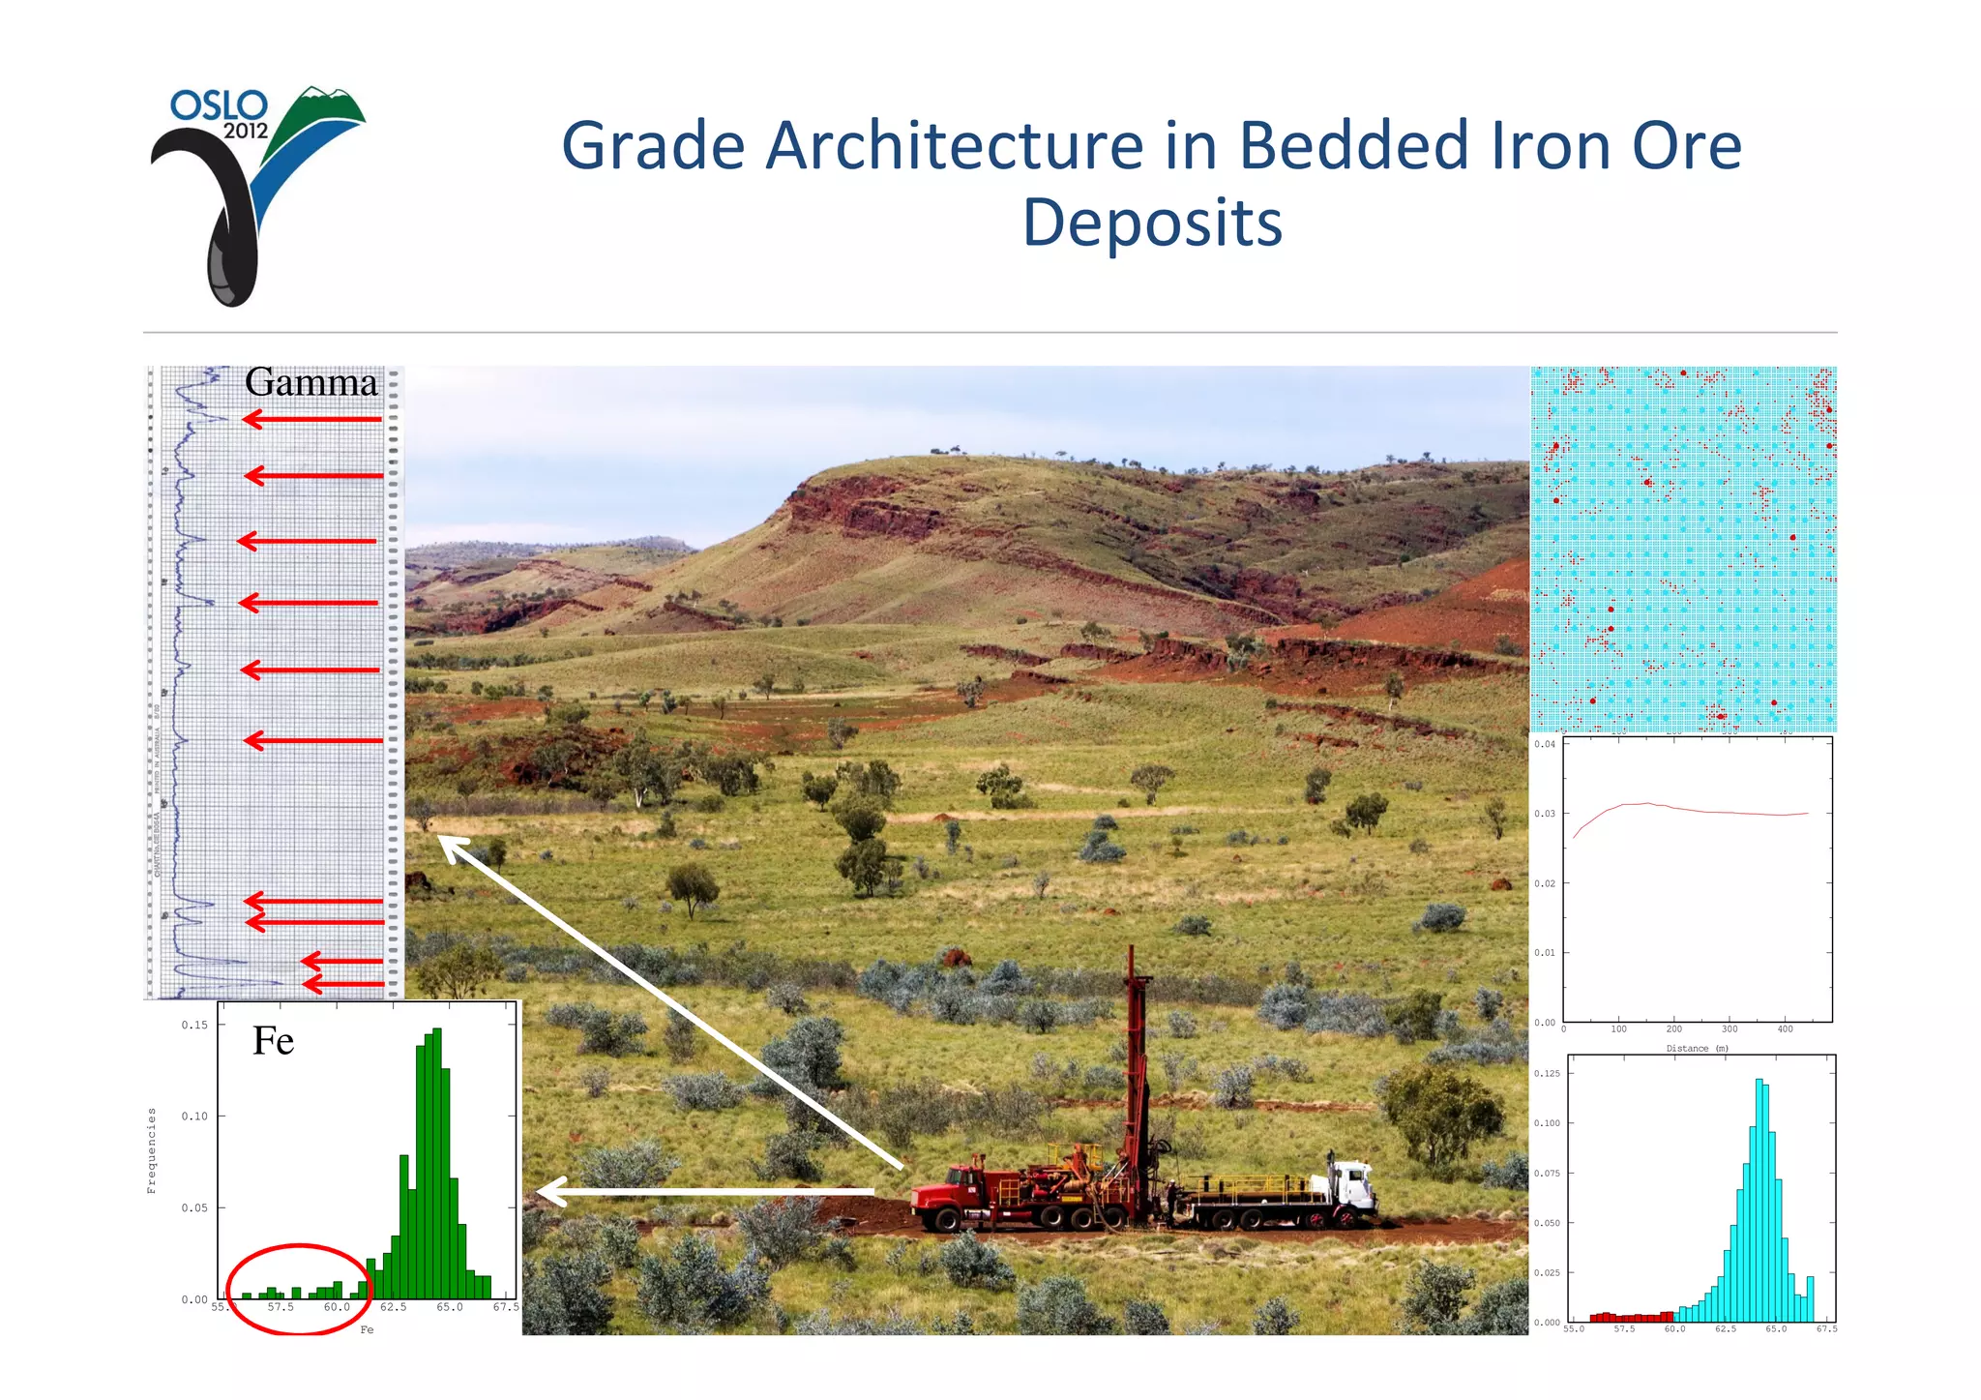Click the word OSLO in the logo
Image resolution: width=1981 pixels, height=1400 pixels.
[219, 104]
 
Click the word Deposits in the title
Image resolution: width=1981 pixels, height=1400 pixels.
[1152, 223]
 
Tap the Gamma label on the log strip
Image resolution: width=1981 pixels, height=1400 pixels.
[310, 382]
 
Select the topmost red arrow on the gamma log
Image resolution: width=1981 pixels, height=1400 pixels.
[311, 419]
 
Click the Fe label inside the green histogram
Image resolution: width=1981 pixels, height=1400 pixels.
[273, 1041]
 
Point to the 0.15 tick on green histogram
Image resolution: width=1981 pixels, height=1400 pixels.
[194, 1025]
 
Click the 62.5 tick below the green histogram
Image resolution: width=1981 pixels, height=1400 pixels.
[393, 1307]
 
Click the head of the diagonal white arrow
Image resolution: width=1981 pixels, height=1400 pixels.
[451, 847]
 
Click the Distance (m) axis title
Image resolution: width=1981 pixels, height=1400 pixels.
[1697, 1048]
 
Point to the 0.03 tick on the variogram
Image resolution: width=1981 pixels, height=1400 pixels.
[1545, 814]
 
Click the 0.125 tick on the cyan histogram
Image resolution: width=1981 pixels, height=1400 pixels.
[1547, 1073]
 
